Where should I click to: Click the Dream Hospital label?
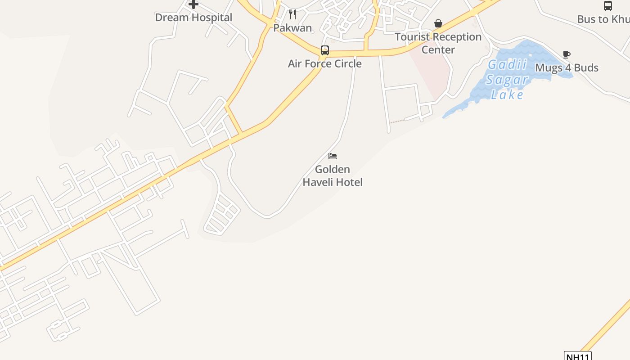(x=193, y=18)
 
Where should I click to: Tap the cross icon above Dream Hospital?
(x=193, y=4)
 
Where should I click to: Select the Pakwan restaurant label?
(x=292, y=28)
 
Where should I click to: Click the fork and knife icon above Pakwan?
(x=292, y=14)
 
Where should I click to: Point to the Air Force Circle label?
(x=324, y=63)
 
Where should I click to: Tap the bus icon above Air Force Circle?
(x=325, y=50)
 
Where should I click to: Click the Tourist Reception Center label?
(x=438, y=43)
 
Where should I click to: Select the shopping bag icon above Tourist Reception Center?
(x=438, y=23)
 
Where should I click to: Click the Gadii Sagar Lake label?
(x=507, y=80)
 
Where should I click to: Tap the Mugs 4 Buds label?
(x=567, y=68)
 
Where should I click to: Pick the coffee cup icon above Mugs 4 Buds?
(x=567, y=55)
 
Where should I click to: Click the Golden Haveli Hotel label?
(x=333, y=175)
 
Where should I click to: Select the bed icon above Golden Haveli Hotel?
(x=333, y=156)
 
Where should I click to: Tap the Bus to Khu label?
(x=603, y=19)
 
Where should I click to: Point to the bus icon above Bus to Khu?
(x=607, y=6)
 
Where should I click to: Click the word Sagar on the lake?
(x=507, y=80)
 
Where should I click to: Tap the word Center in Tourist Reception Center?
(x=438, y=50)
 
